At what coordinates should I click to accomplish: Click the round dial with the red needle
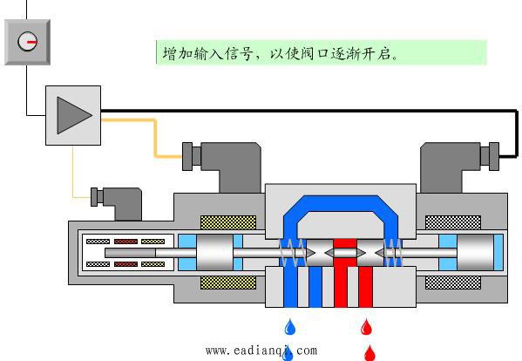[27, 41]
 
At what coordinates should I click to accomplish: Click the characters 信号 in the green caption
[239, 53]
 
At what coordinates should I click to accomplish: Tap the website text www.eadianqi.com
[261, 351]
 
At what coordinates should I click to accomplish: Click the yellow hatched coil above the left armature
[228, 222]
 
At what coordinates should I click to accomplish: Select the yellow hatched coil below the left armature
[228, 283]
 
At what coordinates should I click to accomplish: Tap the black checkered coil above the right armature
[453, 222]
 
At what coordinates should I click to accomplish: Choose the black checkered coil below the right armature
[453, 283]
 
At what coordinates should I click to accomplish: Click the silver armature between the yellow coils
[214, 252]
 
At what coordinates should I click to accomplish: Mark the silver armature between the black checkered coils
[475, 252]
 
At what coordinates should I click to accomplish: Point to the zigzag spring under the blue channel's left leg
[292, 253]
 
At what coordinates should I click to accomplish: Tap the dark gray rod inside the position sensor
[130, 253]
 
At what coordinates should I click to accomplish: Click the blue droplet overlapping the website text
[288, 354]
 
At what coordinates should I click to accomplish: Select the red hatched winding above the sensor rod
[125, 242]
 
